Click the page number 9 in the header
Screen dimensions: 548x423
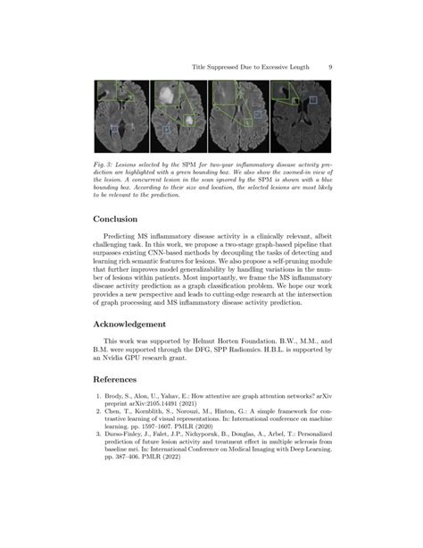click(x=330, y=65)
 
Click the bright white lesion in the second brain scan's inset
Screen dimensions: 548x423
click(x=165, y=91)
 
